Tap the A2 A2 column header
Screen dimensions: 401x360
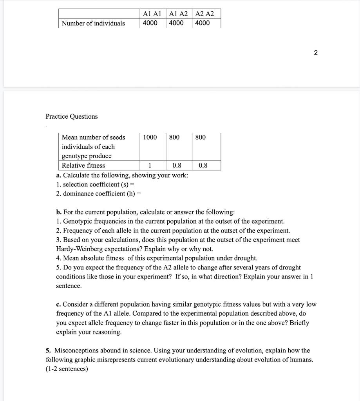[x=204, y=14]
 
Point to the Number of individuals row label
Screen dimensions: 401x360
[x=93, y=23]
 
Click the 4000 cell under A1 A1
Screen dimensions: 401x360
[x=150, y=23]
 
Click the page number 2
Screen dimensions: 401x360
[x=316, y=53]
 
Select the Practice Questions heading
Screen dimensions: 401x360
[x=72, y=116]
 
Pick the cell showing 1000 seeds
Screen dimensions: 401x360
[x=150, y=137]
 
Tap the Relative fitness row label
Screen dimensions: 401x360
[x=83, y=165]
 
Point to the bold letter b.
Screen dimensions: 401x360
[x=58, y=212]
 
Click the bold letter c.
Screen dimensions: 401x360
[x=58, y=304]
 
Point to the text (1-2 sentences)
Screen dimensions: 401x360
[x=67, y=369]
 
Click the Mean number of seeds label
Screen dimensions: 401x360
[x=94, y=137]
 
